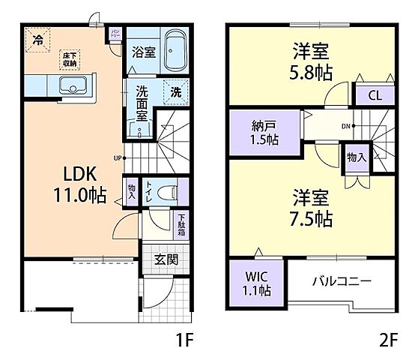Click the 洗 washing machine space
coord(174,91)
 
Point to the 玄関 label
coord(166,260)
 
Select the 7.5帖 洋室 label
coord(310,208)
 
